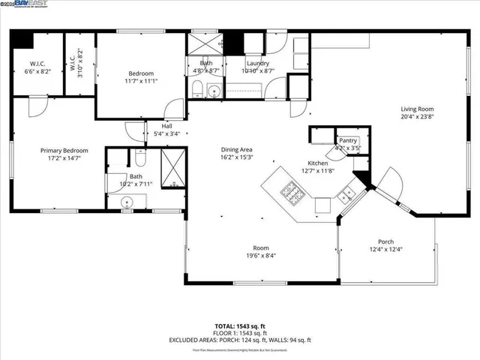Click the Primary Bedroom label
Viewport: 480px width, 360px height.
(x=58, y=150)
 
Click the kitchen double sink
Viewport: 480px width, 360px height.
(x=346, y=196)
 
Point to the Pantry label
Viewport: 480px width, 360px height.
(x=347, y=140)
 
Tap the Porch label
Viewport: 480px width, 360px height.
(x=385, y=241)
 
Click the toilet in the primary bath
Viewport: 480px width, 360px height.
(x=140, y=158)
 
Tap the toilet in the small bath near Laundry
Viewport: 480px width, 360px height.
(x=196, y=91)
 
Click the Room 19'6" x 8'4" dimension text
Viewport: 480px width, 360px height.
(x=260, y=256)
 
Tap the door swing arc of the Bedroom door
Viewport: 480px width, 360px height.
(x=174, y=109)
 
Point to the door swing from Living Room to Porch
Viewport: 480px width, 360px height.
(x=391, y=180)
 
